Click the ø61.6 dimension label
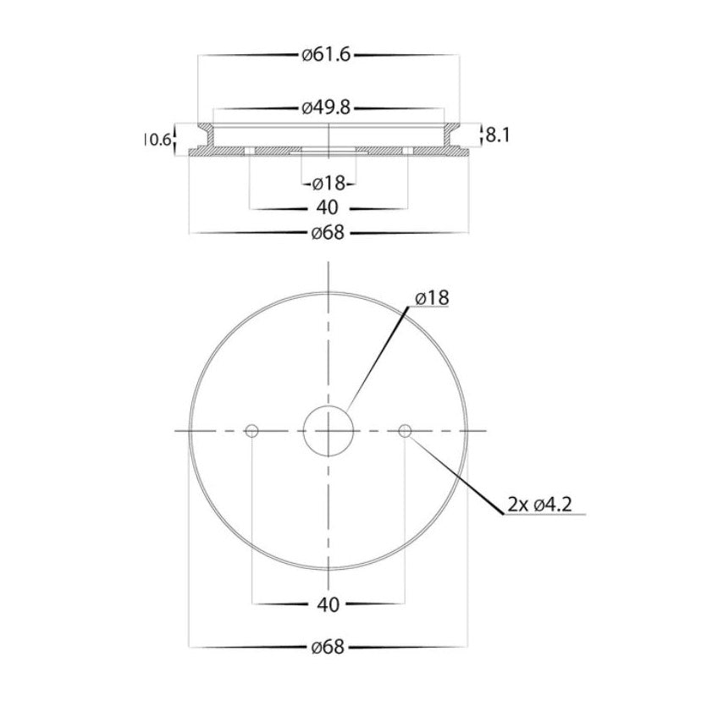pos(326,55)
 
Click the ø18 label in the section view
pos(327,183)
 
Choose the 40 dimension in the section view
pos(328,207)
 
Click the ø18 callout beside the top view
pos(432,297)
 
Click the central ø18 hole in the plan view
pos(328,431)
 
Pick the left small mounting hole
pos(251,432)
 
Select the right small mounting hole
pos(405,432)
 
